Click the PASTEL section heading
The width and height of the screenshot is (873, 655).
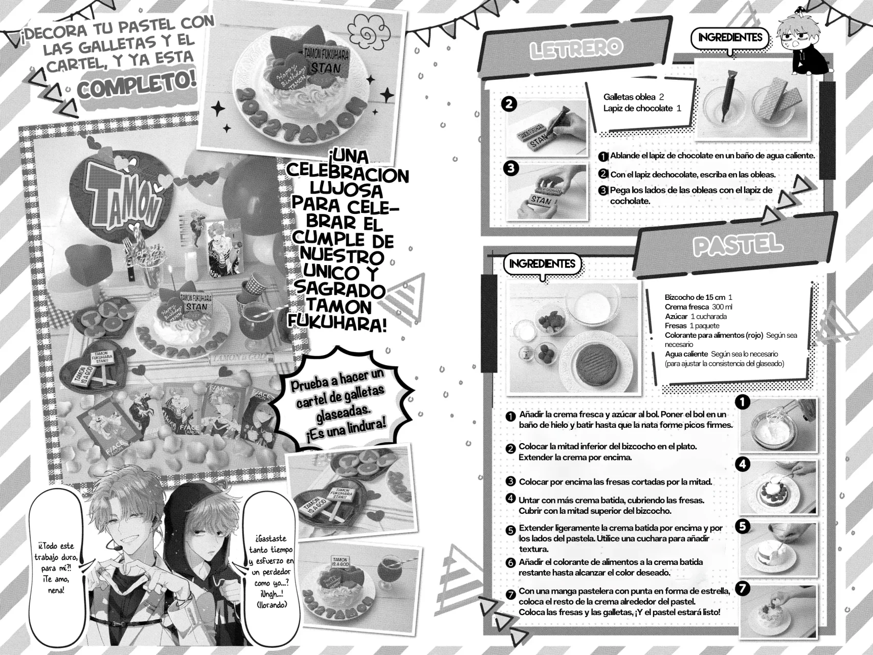coord(737,246)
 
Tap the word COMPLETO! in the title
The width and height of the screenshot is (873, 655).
coord(137,86)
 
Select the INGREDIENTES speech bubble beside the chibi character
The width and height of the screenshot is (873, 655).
coord(729,37)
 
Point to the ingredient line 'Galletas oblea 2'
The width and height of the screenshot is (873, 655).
coord(633,97)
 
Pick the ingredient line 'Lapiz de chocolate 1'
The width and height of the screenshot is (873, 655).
coord(642,108)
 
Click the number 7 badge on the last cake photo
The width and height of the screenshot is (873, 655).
coord(742,588)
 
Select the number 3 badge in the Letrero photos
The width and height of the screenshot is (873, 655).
coord(510,168)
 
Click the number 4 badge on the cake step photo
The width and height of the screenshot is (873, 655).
coord(742,464)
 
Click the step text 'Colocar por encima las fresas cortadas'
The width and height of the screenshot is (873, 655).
coord(615,482)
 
